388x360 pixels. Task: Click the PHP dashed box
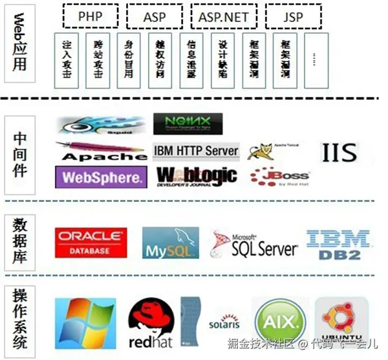point(91,17)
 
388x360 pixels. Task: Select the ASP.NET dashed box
point(224,17)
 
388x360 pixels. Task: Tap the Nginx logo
point(188,124)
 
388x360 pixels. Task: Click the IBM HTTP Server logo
point(196,152)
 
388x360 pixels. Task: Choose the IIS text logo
point(339,153)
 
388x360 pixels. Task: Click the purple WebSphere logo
point(100,177)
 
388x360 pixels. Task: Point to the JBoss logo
point(280,176)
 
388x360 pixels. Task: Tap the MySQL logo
point(167,243)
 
